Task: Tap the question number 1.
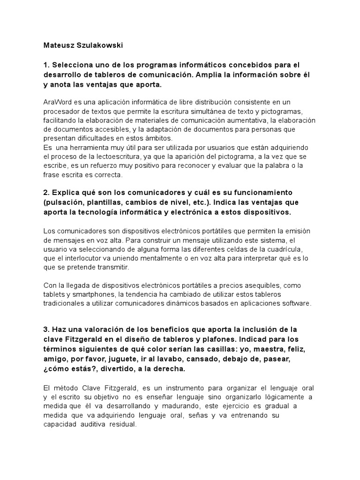click(x=45, y=65)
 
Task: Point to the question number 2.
click(x=45, y=193)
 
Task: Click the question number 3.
click(x=45, y=329)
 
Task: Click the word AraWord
click(x=57, y=102)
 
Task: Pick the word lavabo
click(x=176, y=359)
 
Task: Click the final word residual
click(x=122, y=424)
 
